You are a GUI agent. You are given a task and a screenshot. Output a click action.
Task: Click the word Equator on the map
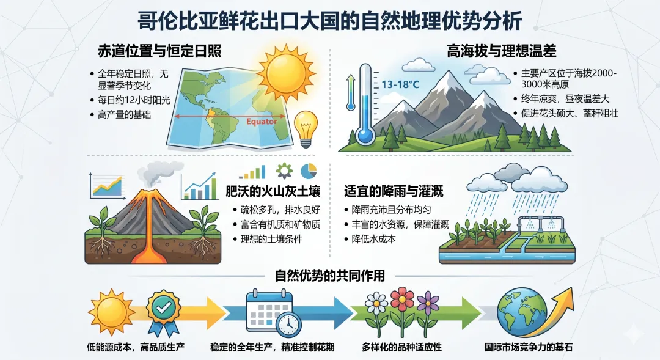pos(261,121)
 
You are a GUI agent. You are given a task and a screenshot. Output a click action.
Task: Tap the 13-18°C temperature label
pos(400,84)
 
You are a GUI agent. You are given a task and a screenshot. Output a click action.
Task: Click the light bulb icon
pos(306,127)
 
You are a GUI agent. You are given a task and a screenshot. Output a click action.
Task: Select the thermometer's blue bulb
pos(366,136)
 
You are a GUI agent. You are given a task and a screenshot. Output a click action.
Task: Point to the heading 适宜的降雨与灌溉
pos(394,191)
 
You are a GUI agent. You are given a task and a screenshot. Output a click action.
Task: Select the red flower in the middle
pos(402,299)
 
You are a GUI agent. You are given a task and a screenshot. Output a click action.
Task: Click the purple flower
pos(428,302)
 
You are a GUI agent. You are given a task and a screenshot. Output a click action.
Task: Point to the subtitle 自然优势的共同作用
pos(330,276)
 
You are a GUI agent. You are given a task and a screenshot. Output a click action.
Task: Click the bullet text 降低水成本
pos(374,239)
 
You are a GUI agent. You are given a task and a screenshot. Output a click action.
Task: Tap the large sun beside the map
pos(285,72)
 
